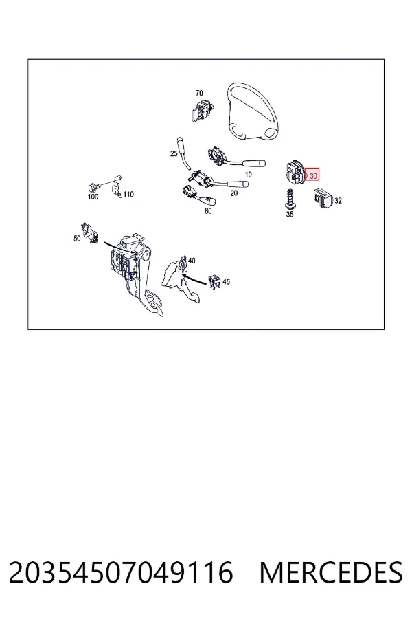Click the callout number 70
coord(199,93)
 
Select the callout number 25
coord(174,153)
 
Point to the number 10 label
coord(248,175)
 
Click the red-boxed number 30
coord(313,176)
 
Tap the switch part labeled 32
coord(323,198)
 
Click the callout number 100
coord(93,197)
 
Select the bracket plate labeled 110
coord(117,186)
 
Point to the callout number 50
coord(77,239)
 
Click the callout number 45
coord(227,282)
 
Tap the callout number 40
coord(192,261)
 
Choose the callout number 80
coord(208,211)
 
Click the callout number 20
coord(233,193)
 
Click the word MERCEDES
coord(331,572)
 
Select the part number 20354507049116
coord(121,572)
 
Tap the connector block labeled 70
coord(202,111)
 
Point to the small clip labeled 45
coord(214,281)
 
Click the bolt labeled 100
coord(93,186)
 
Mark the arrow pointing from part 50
coord(120,248)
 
